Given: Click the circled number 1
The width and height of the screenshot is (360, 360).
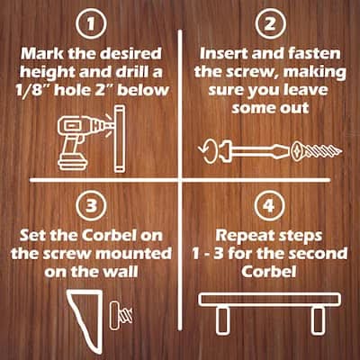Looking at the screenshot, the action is [x=91, y=24].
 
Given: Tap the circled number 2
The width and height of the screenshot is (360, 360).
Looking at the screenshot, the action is [x=269, y=23].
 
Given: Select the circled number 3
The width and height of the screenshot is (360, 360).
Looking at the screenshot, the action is [x=91, y=206].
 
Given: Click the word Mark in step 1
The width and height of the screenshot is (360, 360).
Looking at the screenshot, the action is [x=42, y=54].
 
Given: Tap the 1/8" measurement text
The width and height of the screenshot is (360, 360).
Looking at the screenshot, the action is [x=33, y=89].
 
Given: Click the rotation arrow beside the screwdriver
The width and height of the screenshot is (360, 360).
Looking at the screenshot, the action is [x=207, y=151].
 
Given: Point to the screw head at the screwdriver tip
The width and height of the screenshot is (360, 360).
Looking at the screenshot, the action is [x=299, y=151].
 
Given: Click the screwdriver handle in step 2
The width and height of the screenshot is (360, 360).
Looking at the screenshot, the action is [x=226, y=149].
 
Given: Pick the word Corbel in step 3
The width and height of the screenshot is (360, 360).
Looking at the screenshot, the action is [x=108, y=236].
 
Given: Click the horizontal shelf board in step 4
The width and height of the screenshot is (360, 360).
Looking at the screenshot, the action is [x=270, y=300].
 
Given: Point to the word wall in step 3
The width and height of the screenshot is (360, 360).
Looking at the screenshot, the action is [x=121, y=273].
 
